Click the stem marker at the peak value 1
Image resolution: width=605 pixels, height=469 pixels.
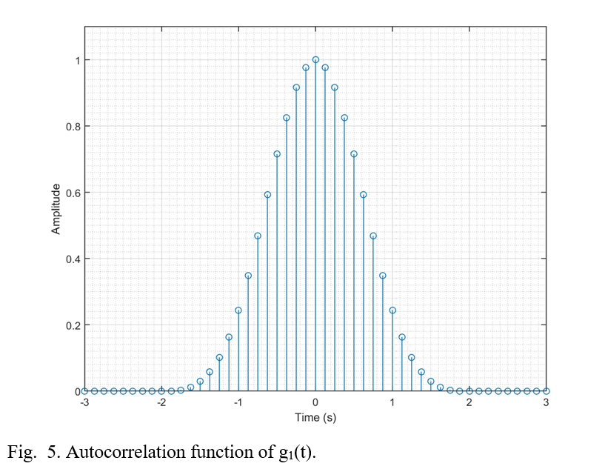click(315, 59)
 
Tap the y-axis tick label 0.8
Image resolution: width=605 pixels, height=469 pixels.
click(72, 126)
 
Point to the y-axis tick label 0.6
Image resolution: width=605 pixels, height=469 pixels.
click(72, 193)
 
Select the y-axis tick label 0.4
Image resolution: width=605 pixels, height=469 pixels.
click(72, 259)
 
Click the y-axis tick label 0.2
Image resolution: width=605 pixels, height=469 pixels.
click(72, 325)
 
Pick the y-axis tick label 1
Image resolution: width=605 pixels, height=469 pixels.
click(76, 60)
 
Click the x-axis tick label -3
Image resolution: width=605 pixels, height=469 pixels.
click(84, 402)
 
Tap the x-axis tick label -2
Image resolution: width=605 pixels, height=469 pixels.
click(161, 402)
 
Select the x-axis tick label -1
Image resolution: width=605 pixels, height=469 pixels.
click(238, 402)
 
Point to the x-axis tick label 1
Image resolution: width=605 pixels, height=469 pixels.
click(392, 402)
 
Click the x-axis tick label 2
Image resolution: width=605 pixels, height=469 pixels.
click(469, 402)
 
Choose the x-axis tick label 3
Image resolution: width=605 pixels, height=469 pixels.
click(546, 402)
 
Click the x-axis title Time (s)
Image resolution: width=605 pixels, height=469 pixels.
click(315, 417)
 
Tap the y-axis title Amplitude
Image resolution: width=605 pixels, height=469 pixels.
click(56, 210)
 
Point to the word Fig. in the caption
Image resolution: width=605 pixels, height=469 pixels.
click(20, 452)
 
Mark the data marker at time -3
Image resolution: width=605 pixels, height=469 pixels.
click(84, 390)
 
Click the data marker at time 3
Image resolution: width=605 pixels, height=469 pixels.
click(546, 390)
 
